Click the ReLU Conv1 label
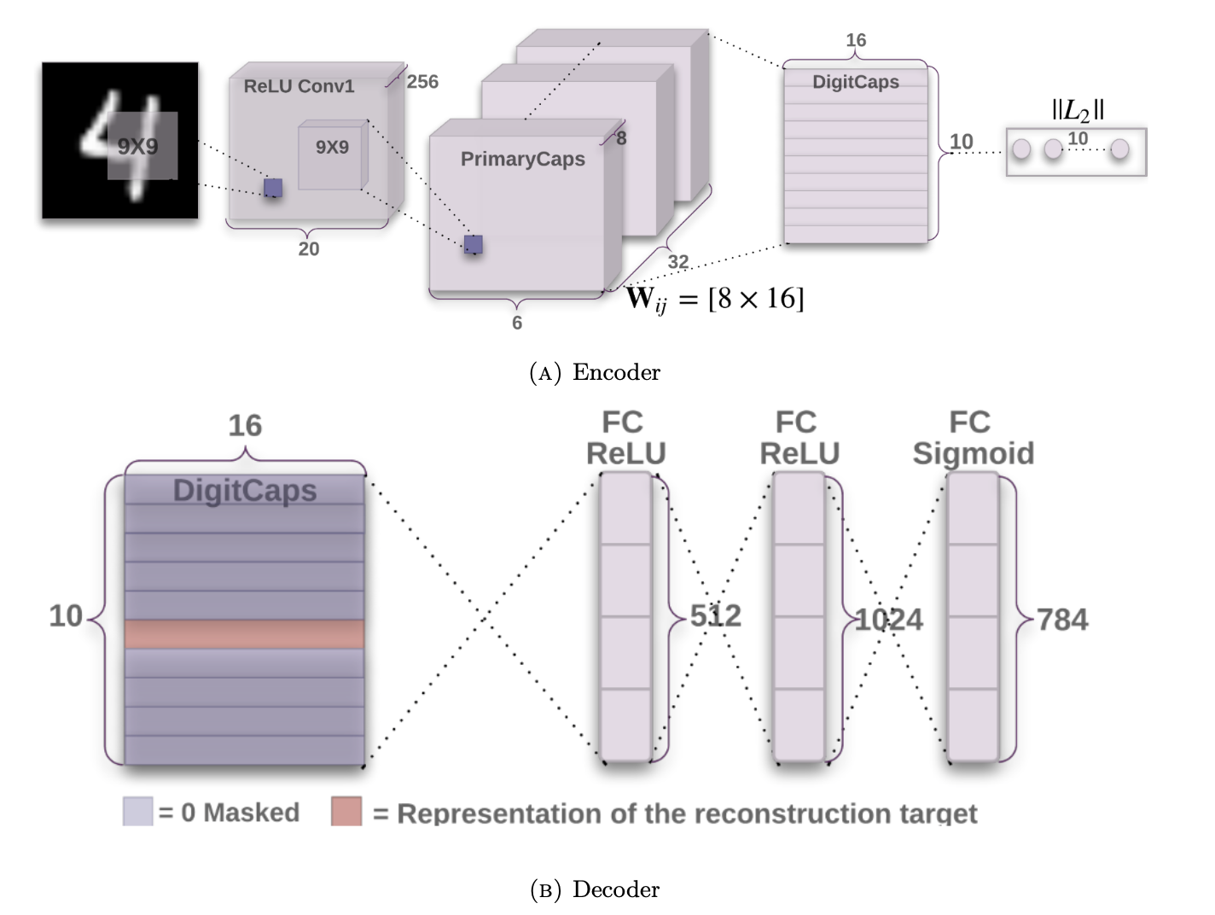(x=298, y=86)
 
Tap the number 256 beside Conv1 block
(x=422, y=82)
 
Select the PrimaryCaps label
(x=522, y=160)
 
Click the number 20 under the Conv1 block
(x=308, y=249)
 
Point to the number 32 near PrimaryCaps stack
(x=678, y=262)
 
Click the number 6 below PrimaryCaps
(x=516, y=323)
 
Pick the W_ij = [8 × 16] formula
(x=715, y=299)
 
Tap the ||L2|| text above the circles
(x=1078, y=110)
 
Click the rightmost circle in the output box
(x=1119, y=149)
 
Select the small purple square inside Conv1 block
(x=273, y=187)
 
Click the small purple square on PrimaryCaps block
(x=473, y=244)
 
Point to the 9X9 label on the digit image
(x=138, y=147)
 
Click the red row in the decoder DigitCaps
(x=244, y=634)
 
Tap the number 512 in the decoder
(x=715, y=616)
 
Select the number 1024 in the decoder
(x=889, y=620)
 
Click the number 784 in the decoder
(x=1062, y=620)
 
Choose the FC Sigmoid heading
(x=973, y=438)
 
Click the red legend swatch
(x=346, y=811)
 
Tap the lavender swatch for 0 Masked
(x=137, y=811)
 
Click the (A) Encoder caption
(x=595, y=373)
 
